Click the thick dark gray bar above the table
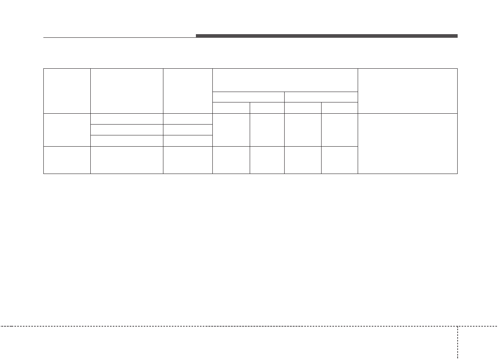point(326,36)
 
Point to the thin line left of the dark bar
point(120,38)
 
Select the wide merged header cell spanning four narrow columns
point(285,80)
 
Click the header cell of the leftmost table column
point(67,91)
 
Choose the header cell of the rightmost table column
point(407,91)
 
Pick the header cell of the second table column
point(127,91)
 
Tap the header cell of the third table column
point(188,91)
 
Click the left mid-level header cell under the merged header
point(248,97)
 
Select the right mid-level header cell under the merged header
point(321,97)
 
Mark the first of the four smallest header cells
point(231,108)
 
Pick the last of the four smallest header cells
point(340,108)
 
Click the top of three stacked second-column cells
point(127,119)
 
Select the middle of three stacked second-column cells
point(127,130)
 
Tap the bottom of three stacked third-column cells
point(188,141)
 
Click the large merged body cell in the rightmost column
point(407,143)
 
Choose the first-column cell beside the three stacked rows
point(67,130)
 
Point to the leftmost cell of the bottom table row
point(67,160)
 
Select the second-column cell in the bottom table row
point(127,160)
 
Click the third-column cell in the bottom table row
point(188,160)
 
